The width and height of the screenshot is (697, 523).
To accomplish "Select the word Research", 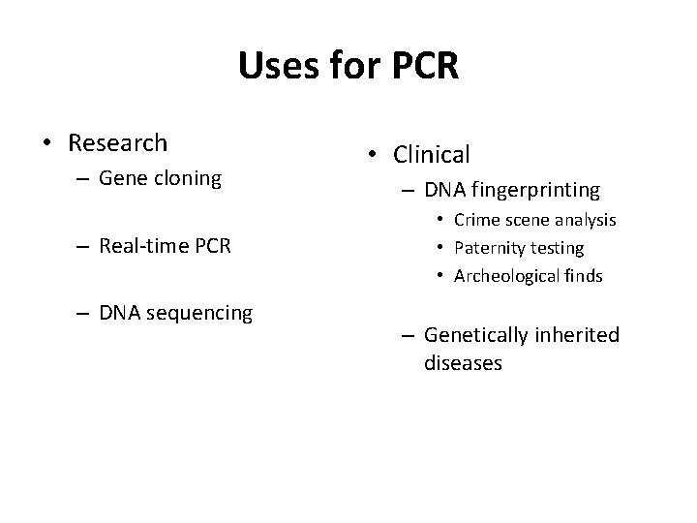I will click(x=117, y=143).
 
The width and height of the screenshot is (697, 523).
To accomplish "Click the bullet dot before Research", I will click(x=46, y=144).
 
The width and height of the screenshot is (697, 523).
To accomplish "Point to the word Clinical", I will click(x=431, y=154).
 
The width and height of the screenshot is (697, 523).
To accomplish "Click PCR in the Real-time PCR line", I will click(x=212, y=246).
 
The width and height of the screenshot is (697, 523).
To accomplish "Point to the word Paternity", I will click(x=490, y=248).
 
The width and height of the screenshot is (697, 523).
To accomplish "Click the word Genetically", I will click(x=474, y=334).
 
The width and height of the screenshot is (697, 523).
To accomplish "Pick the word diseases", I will click(x=463, y=363).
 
